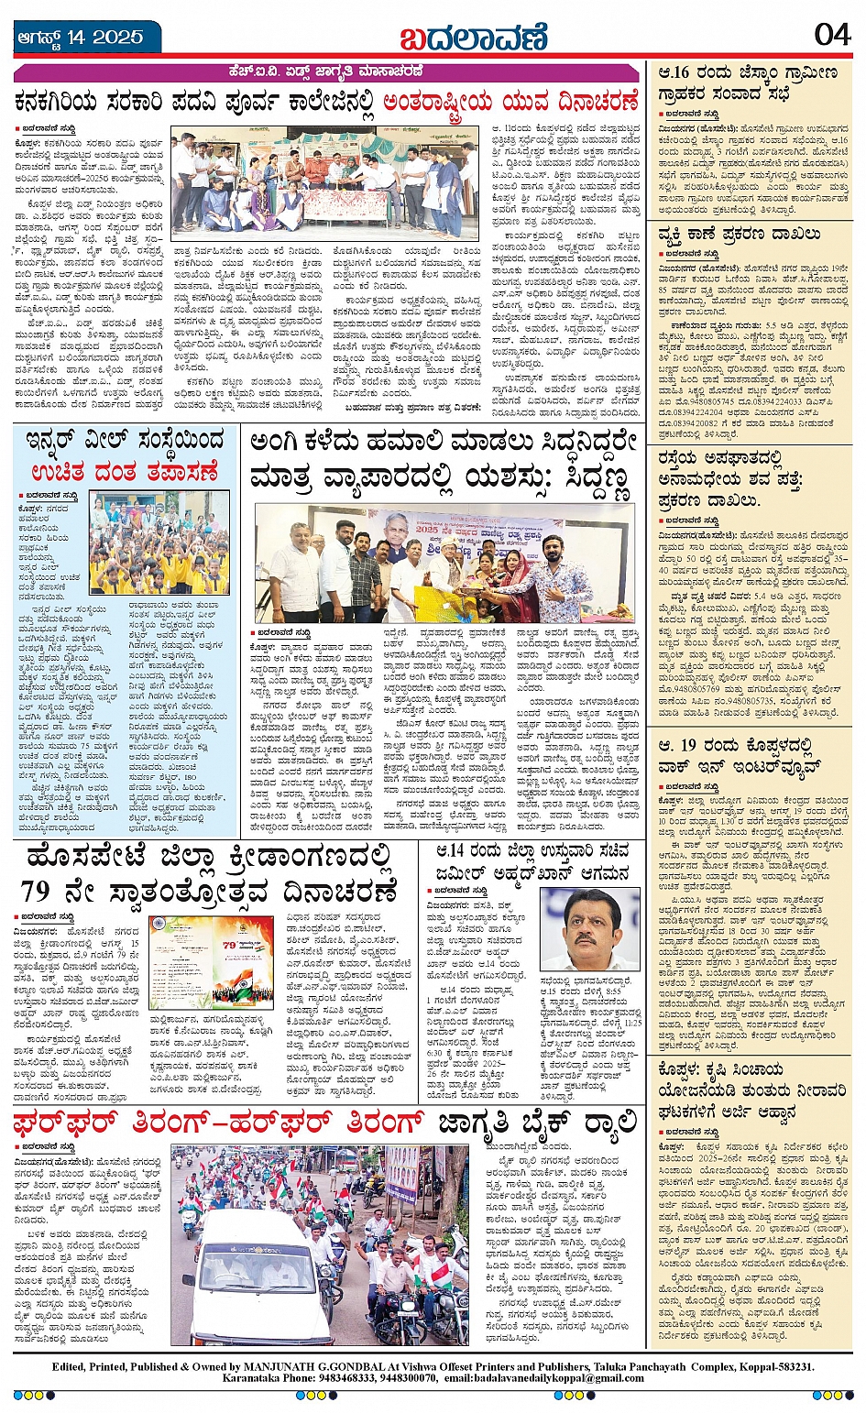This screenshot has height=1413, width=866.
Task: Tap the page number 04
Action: [x=832, y=34]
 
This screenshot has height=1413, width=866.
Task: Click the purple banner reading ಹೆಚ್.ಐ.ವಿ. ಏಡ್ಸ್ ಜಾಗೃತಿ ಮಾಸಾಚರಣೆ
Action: [x=326, y=72]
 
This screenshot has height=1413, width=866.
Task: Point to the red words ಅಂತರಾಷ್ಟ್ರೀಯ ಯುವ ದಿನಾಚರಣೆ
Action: [x=510, y=101]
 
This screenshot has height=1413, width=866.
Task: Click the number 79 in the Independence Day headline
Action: [x=36, y=891]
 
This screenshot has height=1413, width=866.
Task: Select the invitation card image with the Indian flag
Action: [x=210, y=962]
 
